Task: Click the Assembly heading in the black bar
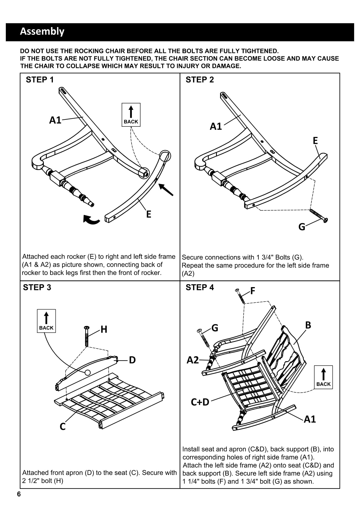pyautogui.click(x=42, y=31)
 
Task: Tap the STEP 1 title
pyautogui.click(x=40, y=80)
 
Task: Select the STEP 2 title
pyautogui.click(x=200, y=80)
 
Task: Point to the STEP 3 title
pyautogui.click(x=37, y=287)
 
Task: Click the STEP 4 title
pyautogui.click(x=200, y=287)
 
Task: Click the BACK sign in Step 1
pyautogui.click(x=131, y=115)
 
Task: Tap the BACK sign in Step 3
pyautogui.click(x=46, y=321)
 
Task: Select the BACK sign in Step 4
pyautogui.click(x=323, y=377)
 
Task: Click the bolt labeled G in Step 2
pyautogui.click(x=318, y=215)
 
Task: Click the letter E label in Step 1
pyautogui.click(x=149, y=214)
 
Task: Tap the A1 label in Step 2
pyautogui.click(x=216, y=126)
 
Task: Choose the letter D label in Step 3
pyautogui.click(x=132, y=360)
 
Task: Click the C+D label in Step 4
pyautogui.click(x=200, y=402)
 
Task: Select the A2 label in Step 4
pyautogui.click(x=193, y=360)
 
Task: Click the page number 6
pyautogui.click(x=19, y=494)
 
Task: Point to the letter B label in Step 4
pyautogui.click(x=308, y=325)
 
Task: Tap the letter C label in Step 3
pyautogui.click(x=62, y=426)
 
